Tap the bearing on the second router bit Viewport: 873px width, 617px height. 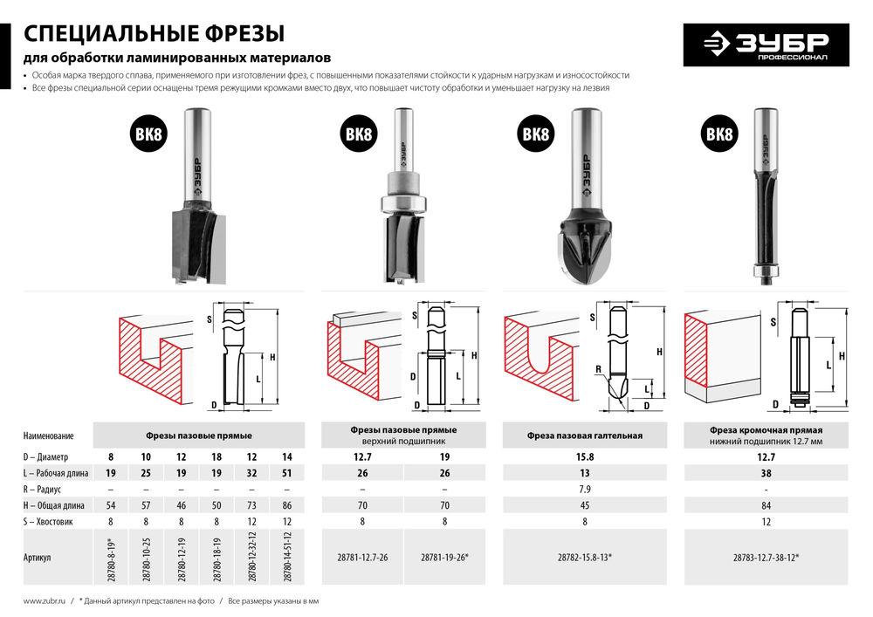coord(402,204)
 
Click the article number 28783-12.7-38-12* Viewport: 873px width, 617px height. coord(766,557)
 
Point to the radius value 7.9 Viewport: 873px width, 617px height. coord(585,489)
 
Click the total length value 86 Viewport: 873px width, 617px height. coord(287,505)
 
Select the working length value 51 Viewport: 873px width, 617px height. coord(287,473)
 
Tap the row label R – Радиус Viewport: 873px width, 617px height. coord(45,490)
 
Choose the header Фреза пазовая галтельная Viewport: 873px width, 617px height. coord(585,435)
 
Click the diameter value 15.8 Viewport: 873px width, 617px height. coord(585,456)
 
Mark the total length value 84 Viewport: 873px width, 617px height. coord(766,505)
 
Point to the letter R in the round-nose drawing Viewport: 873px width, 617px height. coord(597,369)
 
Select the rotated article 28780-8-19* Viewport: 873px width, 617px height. coord(111,557)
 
